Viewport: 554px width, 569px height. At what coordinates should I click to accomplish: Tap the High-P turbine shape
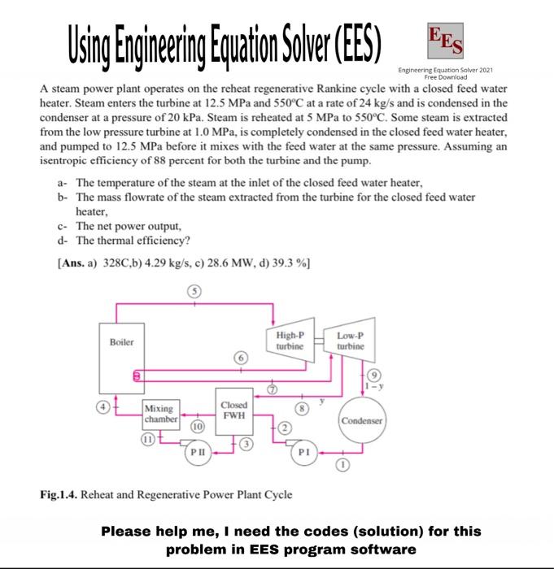pos(290,342)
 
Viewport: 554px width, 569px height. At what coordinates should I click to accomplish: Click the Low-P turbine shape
pos(356,342)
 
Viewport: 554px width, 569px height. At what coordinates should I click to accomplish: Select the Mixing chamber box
pos(159,415)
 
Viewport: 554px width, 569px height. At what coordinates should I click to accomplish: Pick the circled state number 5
pos(194,292)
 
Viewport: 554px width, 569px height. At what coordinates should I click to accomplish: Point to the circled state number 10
pos(198,425)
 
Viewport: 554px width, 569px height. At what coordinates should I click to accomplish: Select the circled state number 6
pos(240,356)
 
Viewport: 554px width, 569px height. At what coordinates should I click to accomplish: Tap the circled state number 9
pos(373,376)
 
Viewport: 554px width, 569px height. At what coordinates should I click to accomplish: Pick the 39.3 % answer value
pos(289,263)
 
